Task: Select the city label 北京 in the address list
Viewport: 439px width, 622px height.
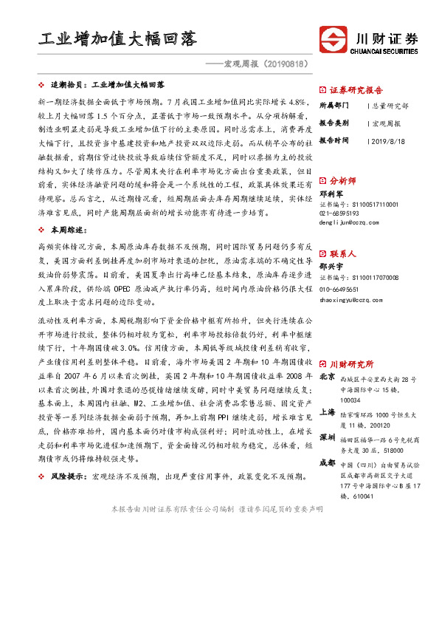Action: pos(328,378)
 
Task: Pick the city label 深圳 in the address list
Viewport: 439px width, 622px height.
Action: pos(328,437)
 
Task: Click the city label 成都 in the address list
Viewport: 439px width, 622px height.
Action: pos(328,462)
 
